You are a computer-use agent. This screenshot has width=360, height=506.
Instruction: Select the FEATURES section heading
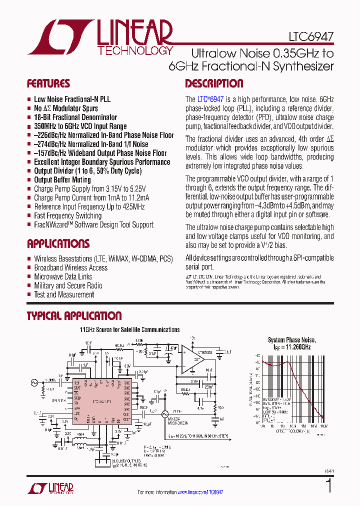48,83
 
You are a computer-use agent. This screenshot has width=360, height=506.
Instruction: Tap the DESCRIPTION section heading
214,83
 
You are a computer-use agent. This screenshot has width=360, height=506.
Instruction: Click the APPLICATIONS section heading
58,244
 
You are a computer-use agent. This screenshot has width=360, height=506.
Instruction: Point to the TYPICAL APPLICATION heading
74,316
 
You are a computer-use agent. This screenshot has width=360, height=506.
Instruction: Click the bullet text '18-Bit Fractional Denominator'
75,117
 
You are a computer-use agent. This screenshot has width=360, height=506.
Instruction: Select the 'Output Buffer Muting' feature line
62,180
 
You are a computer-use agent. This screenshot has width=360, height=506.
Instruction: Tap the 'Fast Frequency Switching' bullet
67,216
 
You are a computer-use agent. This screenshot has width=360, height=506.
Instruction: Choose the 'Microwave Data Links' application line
63,276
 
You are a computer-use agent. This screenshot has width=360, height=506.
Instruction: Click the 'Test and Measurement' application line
63,294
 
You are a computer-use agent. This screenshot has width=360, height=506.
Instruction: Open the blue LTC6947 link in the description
210,99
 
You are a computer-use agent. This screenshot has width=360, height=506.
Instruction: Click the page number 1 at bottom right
328,486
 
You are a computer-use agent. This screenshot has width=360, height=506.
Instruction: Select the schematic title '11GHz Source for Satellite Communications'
130,329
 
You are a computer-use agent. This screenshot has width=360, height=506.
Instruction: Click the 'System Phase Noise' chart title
292,339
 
